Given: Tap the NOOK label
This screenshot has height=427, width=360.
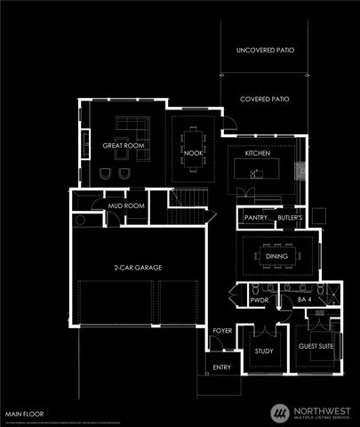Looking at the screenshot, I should (194, 153).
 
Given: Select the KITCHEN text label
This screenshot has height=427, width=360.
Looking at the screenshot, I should (258, 154).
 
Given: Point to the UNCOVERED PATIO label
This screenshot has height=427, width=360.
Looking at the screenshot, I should (265, 52).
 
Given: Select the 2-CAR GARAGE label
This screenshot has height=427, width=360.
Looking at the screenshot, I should (138, 267).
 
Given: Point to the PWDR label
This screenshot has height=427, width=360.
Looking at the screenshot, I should (259, 302).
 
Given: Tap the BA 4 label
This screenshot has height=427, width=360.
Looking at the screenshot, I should (305, 302).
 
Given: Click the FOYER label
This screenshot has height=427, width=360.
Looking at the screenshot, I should (221, 332).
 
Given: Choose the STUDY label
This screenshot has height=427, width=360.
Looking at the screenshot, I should (263, 351).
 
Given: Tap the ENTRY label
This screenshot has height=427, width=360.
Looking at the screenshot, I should (221, 367).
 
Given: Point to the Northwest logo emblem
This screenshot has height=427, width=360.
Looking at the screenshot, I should (281, 412).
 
